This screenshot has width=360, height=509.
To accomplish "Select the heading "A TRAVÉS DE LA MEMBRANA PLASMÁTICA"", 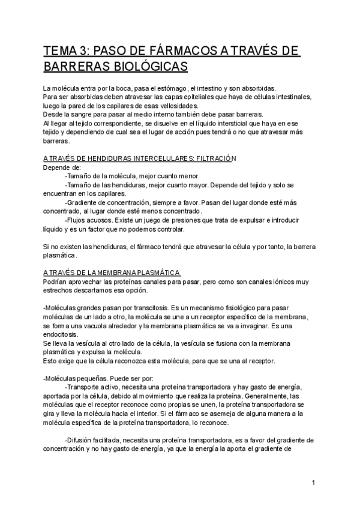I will tap(112, 274).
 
